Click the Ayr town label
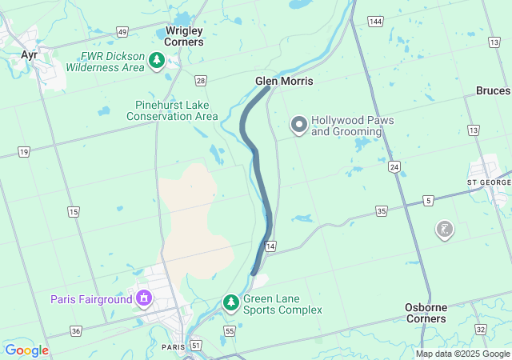pos(30,54)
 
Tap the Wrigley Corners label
pos(183,36)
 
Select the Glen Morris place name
pos(284,82)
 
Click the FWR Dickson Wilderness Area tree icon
pos(158,61)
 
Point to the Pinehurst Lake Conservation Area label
pos(172,110)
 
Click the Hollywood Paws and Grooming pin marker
pos(299,125)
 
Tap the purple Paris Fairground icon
pos(144,299)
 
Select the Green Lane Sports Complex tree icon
pos(230,303)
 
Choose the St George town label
pos(488,182)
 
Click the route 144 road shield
pos(375,20)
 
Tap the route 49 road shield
pos(122,31)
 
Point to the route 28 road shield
pos(200,80)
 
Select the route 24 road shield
pos(394,167)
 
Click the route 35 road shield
pos(381,211)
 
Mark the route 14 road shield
pos(270,246)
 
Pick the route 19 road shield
pos(24,151)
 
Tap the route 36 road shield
pos(76,330)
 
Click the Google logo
pos(26,350)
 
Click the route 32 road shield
pos(480,330)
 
